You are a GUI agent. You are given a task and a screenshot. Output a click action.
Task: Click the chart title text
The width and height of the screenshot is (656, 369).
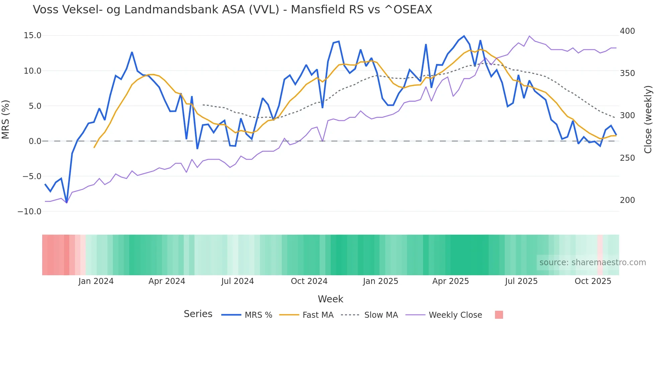click(x=232, y=10)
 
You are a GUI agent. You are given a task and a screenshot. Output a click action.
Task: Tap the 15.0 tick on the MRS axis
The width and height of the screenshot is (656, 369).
click(x=32, y=35)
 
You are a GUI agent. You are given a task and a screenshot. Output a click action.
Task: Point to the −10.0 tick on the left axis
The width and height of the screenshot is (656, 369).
click(x=29, y=212)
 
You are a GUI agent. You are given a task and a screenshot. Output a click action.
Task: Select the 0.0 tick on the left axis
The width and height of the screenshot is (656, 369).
click(x=35, y=141)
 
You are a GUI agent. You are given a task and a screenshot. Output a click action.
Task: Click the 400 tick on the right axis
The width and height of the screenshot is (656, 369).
click(x=627, y=31)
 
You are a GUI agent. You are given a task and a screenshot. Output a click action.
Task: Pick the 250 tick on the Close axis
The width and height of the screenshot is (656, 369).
click(x=627, y=158)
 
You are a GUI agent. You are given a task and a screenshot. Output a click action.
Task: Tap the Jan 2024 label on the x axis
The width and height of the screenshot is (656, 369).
click(x=96, y=281)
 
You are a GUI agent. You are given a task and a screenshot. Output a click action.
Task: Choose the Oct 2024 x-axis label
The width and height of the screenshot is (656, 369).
click(x=309, y=281)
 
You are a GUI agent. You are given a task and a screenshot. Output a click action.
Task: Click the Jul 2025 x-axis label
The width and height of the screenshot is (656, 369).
click(x=521, y=281)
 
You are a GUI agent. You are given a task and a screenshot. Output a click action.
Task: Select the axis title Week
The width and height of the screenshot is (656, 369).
click(x=330, y=299)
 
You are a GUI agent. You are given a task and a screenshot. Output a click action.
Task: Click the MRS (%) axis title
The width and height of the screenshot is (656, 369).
click(x=6, y=120)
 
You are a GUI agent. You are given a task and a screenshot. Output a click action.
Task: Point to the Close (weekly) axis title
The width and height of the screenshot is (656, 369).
click(x=648, y=120)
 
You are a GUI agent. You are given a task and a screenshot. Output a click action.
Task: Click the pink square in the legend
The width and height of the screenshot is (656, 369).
click(x=499, y=315)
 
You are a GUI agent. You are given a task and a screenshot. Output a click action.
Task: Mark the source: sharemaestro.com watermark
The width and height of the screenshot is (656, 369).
click(x=592, y=263)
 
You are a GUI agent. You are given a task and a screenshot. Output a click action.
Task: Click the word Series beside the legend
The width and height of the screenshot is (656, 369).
click(x=198, y=314)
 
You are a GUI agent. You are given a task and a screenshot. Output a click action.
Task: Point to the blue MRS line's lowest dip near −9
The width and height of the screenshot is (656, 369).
click(x=67, y=202)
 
